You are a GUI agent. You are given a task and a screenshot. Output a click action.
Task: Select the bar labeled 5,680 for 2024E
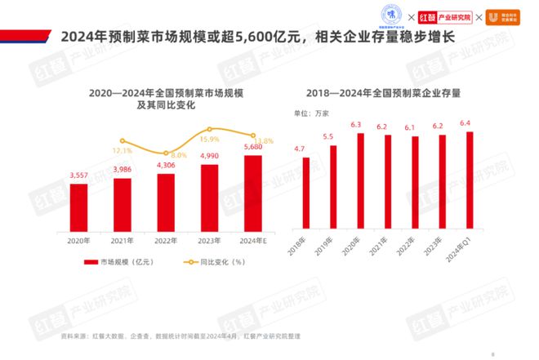coord(253,192)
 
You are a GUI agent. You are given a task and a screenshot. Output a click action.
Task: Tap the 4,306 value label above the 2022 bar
coord(166,165)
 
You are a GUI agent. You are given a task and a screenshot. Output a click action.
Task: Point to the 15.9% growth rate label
coord(209,140)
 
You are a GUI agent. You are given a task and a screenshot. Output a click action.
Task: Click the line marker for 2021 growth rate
coord(122,140)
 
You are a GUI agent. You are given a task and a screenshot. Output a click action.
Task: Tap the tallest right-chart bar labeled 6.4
coord(469,180)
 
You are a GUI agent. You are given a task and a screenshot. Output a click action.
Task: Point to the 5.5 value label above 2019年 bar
coord(327,136)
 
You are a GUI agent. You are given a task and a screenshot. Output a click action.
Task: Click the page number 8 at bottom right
coord(493,353)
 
